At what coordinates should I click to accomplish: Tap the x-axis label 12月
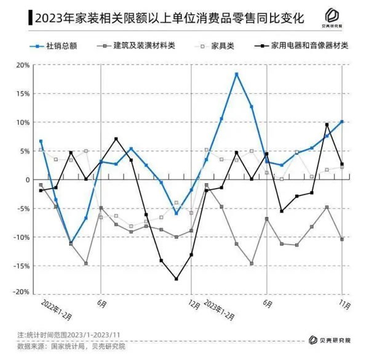tap(194, 303)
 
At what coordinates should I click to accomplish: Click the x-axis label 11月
tap(344, 303)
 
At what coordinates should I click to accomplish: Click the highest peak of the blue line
tap(237, 74)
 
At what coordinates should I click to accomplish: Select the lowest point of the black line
tap(177, 279)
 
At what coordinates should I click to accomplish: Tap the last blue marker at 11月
tap(342, 122)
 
